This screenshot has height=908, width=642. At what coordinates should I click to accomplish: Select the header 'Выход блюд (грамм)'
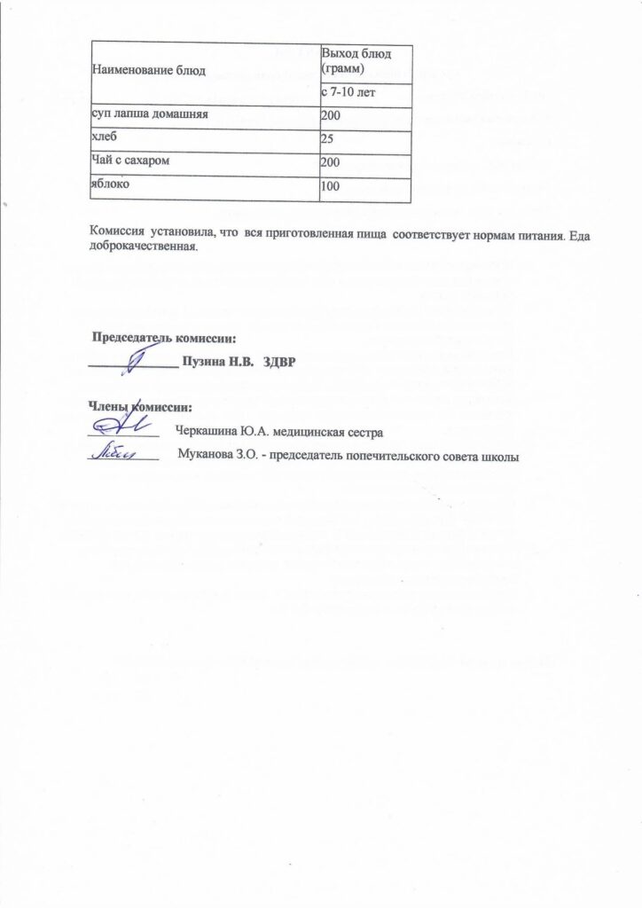click(356, 61)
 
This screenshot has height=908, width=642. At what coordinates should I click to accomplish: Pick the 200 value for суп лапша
click(331, 118)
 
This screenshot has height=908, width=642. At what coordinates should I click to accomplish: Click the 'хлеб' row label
click(105, 139)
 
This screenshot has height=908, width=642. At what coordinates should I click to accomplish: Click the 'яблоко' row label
click(109, 185)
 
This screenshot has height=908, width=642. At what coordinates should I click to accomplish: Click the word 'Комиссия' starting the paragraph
click(119, 232)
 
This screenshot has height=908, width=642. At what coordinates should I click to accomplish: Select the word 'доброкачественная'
click(140, 246)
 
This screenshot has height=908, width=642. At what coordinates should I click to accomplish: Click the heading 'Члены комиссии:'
click(139, 407)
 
